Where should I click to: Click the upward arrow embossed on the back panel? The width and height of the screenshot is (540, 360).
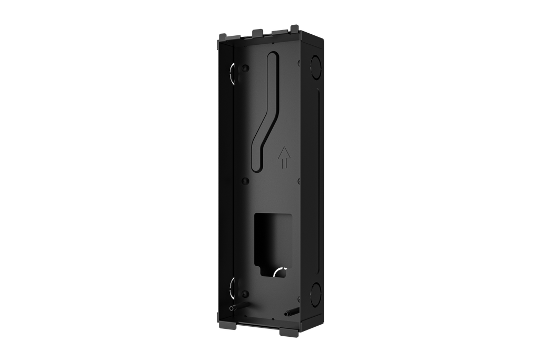click(x=284, y=157)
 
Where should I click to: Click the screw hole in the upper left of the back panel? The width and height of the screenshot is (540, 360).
click(x=246, y=67)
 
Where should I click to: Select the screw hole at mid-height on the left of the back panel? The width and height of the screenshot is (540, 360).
click(x=245, y=180)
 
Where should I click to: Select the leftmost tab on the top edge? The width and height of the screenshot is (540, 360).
click(x=223, y=36)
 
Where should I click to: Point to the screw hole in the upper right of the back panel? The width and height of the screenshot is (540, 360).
click(x=298, y=62)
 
